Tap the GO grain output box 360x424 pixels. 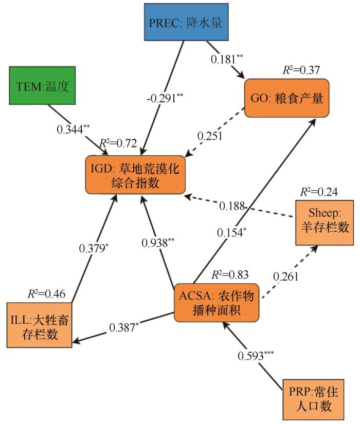coord(286,99)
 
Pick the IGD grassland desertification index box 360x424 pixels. coord(135,175)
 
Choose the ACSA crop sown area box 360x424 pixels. coord(217,303)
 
